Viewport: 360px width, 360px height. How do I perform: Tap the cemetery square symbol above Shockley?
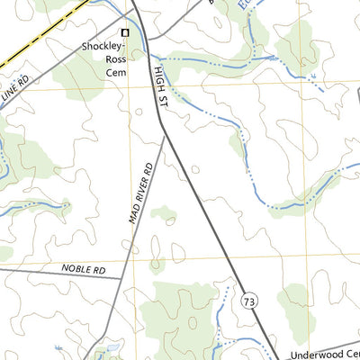pos(125,33)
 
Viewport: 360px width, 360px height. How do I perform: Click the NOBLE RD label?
pos(84,269)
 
